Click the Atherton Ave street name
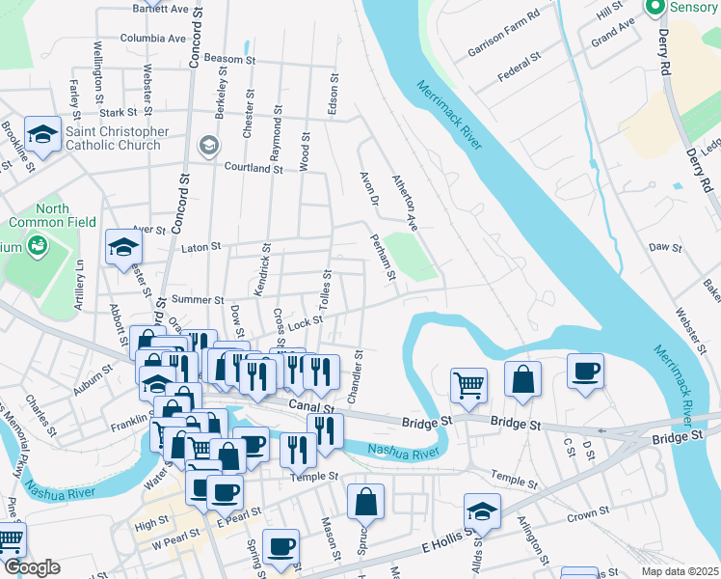[405, 202]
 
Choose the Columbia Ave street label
[152, 39]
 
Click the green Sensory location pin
[656, 9]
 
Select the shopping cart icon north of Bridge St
[468, 384]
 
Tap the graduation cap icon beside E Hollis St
[482, 511]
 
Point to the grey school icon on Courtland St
[207, 145]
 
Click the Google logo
[31, 567]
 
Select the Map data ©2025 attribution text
[680, 571]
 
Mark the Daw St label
[665, 247]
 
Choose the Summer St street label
[198, 300]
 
